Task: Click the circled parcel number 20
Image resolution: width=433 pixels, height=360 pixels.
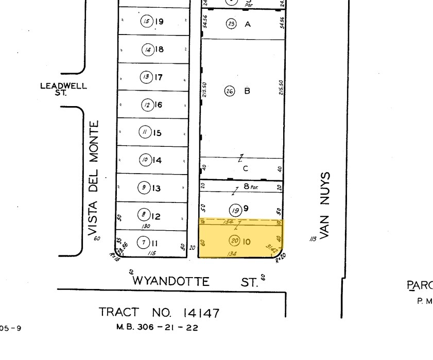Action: (234, 241)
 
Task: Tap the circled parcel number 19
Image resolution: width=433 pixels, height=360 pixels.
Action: (236, 210)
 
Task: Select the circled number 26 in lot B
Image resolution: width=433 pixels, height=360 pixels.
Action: (230, 91)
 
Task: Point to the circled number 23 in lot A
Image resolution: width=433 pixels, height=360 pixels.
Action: (231, 24)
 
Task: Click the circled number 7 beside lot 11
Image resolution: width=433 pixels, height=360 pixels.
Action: (143, 242)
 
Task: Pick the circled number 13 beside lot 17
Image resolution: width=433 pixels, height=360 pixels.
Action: (147, 77)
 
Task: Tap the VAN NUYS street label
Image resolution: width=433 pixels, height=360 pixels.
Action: (323, 205)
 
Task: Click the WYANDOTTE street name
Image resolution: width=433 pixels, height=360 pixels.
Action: (171, 282)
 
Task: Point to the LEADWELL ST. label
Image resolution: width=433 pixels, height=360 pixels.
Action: (63, 89)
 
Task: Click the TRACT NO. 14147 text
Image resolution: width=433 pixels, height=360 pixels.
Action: (159, 313)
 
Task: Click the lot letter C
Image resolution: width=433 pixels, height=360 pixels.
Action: (246, 168)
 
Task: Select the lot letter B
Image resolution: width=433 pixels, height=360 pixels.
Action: (247, 91)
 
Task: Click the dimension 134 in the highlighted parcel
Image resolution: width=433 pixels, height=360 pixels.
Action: (232, 253)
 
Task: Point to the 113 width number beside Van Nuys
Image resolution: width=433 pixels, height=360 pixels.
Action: (312, 238)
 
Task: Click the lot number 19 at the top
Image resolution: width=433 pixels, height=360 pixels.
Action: (159, 22)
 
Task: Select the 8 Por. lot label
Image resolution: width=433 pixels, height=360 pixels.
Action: (251, 187)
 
